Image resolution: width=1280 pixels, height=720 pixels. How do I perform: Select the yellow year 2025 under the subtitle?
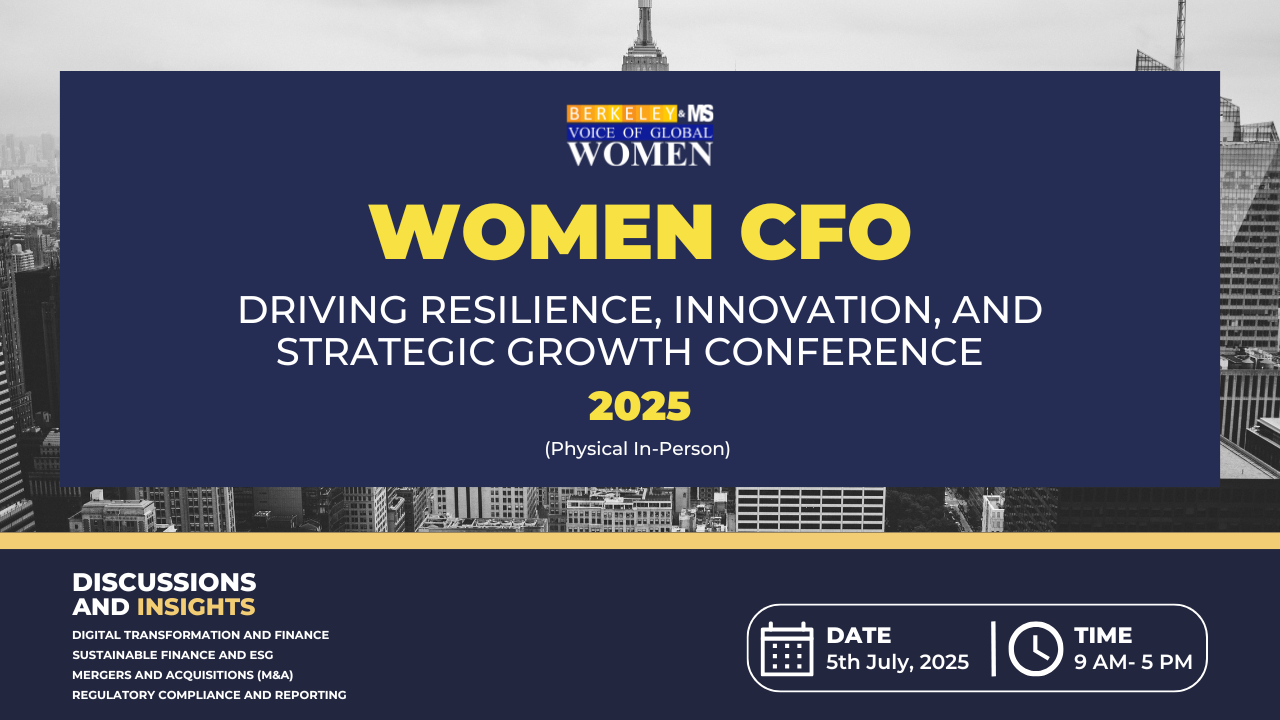[x=639, y=406]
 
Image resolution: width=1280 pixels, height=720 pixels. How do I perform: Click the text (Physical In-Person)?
[x=637, y=449]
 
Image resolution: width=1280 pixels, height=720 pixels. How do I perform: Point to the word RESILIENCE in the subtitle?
[x=541, y=310]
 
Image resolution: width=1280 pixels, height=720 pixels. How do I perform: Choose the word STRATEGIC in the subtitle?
[x=386, y=351]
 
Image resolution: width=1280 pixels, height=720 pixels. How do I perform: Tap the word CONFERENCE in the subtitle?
[x=843, y=351]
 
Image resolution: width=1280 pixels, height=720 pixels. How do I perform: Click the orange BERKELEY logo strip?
[x=622, y=114]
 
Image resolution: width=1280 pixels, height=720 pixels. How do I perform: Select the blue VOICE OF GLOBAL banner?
[x=640, y=133]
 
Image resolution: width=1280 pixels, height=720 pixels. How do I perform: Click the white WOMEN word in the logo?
[x=640, y=154]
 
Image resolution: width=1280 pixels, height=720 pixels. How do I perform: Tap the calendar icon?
[x=787, y=649]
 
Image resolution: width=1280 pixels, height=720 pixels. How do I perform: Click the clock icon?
[x=1035, y=649]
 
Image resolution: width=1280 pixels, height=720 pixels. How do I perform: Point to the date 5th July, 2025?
[x=897, y=662]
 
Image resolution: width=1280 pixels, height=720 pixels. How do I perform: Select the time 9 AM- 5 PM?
[x=1133, y=662]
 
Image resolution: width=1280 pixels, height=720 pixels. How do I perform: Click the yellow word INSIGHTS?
[x=196, y=607]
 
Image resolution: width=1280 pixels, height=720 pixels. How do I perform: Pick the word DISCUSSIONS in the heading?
[x=164, y=582]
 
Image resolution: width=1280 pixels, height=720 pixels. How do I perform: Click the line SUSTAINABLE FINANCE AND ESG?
[x=173, y=655]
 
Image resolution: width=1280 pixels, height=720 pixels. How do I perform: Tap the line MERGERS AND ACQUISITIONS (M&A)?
[x=183, y=675]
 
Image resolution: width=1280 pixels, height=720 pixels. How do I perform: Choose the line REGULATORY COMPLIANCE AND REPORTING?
[x=209, y=695]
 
